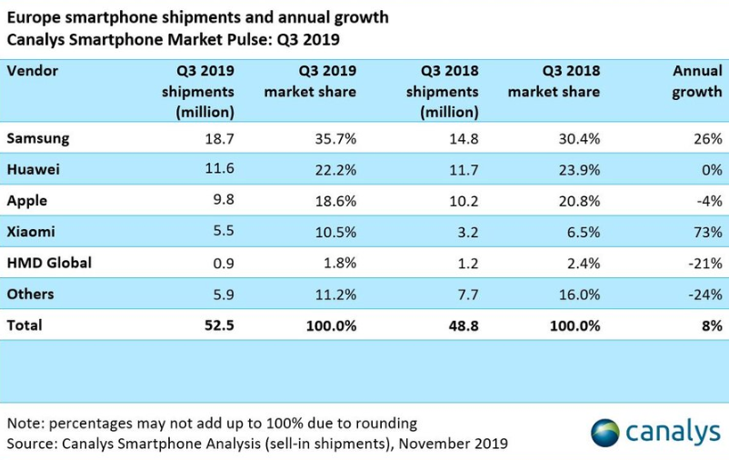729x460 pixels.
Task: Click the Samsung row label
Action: click(x=37, y=138)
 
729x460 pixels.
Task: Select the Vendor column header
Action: click(x=32, y=70)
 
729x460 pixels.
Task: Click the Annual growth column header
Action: click(x=697, y=81)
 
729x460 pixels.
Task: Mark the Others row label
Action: click(x=30, y=294)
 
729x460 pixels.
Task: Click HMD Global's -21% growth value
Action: click(x=704, y=264)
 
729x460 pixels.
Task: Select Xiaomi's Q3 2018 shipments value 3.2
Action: click(x=465, y=232)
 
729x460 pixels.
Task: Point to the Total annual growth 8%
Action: click(x=711, y=325)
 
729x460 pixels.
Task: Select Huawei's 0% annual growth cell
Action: click(x=711, y=170)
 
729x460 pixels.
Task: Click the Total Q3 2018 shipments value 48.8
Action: click(x=462, y=325)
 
